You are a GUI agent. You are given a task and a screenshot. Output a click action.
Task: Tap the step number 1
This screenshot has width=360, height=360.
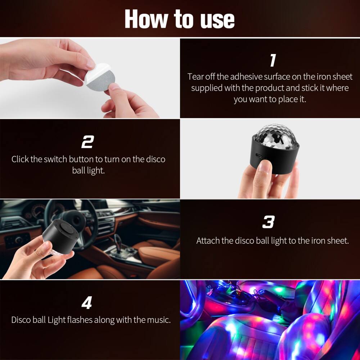tap(273, 60)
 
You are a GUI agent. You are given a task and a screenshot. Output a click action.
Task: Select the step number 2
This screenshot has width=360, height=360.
tap(87, 143)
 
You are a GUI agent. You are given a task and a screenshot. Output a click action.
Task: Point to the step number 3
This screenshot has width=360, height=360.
tap(269, 222)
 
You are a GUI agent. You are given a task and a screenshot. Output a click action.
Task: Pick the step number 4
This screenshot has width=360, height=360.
tap(87, 303)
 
